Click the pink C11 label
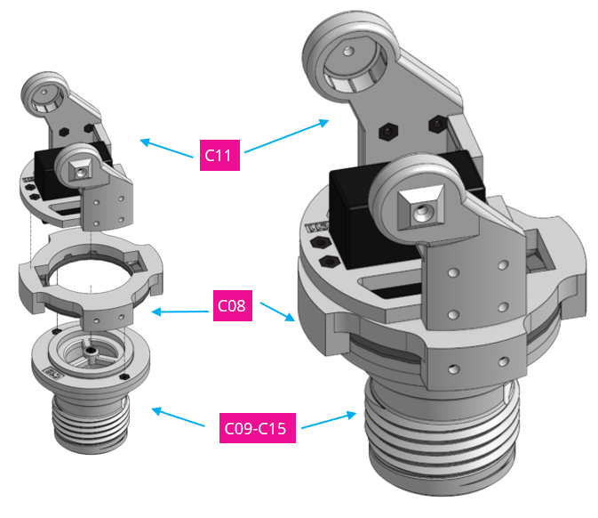(x=218, y=156)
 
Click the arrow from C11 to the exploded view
(x=169, y=148)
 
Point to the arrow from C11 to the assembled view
(x=284, y=137)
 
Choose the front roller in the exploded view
(x=79, y=168)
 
